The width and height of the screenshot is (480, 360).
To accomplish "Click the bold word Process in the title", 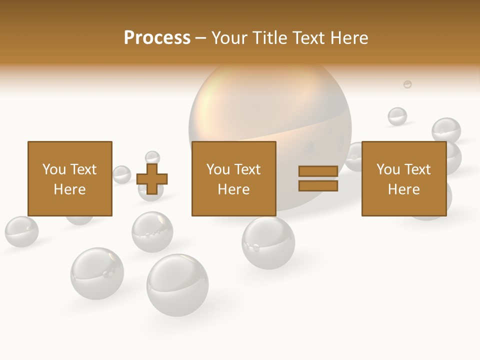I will [x=157, y=37].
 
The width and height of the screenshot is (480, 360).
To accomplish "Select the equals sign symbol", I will [x=318, y=178].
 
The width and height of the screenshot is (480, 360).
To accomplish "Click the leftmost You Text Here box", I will [x=70, y=178].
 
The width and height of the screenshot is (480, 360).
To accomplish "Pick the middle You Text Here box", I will [x=234, y=178].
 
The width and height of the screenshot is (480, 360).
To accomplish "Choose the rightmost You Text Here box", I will [x=404, y=178].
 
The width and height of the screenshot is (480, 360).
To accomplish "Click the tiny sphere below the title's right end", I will [x=407, y=84].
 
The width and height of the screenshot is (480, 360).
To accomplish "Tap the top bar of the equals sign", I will [x=318, y=171].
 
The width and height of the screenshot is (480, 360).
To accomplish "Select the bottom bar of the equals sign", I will [x=318, y=186].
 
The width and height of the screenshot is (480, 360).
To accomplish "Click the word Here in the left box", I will [x=70, y=189].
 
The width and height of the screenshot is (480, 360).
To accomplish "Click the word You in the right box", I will [x=388, y=169].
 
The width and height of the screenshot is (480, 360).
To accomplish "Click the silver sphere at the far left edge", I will [x=21, y=231].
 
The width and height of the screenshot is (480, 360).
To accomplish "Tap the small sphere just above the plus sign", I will [x=152, y=157].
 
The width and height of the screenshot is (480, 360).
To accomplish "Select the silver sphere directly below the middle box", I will [x=268, y=243].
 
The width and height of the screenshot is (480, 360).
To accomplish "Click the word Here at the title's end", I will [x=349, y=38].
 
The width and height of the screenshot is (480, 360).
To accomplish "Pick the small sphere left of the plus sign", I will [x=121, y=174].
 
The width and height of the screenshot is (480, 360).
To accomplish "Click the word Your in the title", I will [x=229, y=38].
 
